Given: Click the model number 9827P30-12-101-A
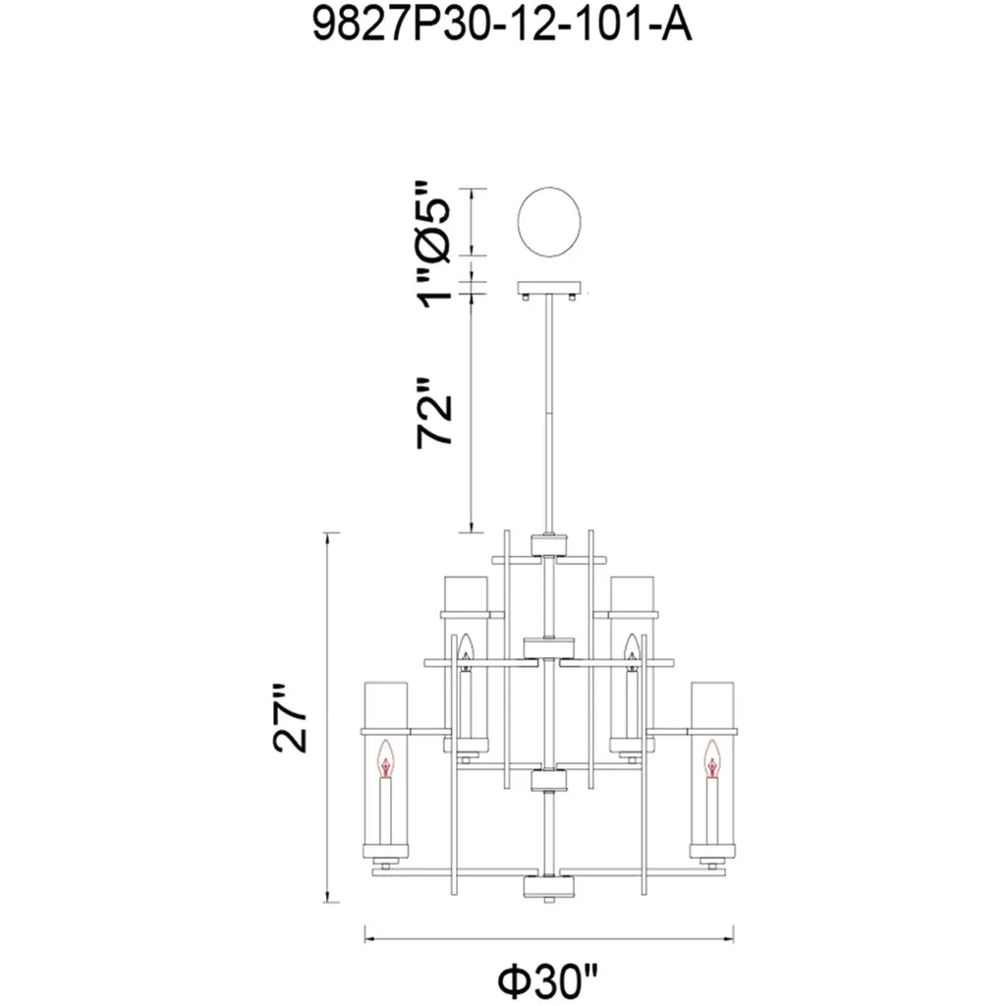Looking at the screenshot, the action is coord(502,25).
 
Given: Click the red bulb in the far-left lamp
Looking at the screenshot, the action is coord(385,758).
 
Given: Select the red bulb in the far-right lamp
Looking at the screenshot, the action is coord(712,758).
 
